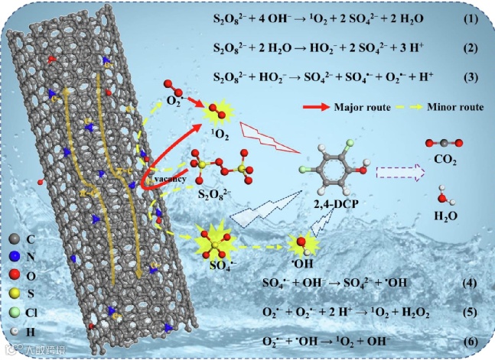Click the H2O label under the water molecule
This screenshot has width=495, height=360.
tap(443, 216)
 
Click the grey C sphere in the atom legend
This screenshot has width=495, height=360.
tap(17, 238)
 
